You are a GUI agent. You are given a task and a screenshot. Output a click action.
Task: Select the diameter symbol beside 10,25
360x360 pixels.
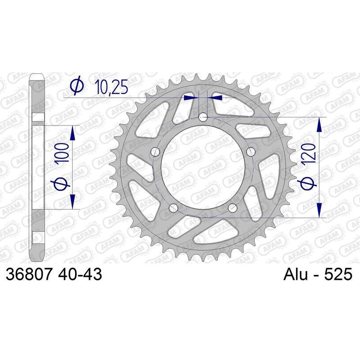pyautogui.click(x=77, y=85)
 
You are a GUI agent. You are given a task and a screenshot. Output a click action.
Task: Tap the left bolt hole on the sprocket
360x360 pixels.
pyautogui.click(x=156, y=151)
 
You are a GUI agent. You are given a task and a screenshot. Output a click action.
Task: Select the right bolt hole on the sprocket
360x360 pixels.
pyautogui.click(x=251, y=151)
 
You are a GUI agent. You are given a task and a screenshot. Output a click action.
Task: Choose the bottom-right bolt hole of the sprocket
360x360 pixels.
pyautogui.click(x=233, y=207)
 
